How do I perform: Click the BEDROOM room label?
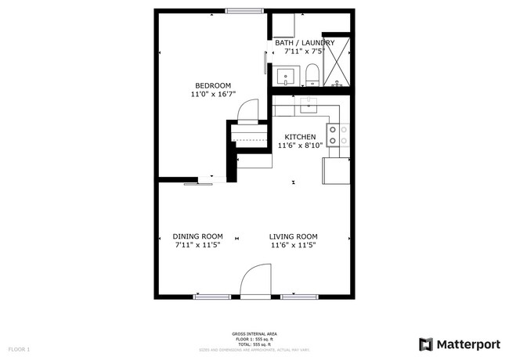[212, 85]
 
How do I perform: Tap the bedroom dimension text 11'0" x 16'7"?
[212, 94]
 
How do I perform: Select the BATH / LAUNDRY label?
[304, 43]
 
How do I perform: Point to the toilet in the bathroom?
[312, 75]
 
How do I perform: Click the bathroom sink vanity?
[286, 77]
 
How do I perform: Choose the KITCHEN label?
[300, 136]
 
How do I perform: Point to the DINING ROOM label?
[197, 236]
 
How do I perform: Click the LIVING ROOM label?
[294, 236]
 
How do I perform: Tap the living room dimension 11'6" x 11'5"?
[294, 245]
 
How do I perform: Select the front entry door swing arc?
[255, 280]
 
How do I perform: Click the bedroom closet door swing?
[247, 113]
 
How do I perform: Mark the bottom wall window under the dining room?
[211, 297]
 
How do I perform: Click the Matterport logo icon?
[426, 344]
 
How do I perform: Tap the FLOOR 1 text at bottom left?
[19, 348]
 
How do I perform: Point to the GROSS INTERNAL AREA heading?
[254, 334]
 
